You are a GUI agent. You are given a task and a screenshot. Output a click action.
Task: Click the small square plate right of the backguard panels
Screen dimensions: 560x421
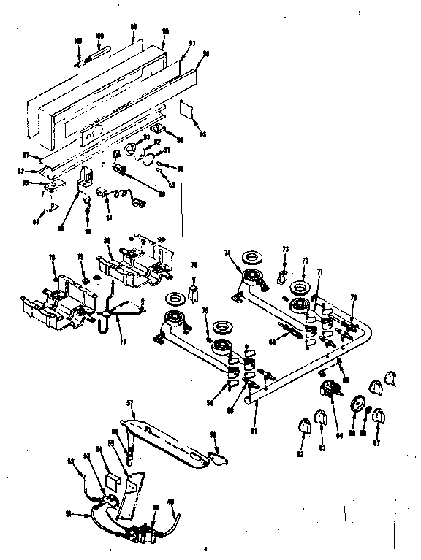point(186,110)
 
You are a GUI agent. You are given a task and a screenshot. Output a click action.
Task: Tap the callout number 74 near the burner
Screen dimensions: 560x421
point(227,253)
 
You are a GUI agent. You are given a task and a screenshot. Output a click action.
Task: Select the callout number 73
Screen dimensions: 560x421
point(286,249)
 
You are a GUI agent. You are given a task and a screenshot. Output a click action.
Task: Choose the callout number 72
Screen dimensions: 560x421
point(306,260)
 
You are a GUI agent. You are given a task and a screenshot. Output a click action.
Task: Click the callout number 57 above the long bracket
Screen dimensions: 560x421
point(129,402)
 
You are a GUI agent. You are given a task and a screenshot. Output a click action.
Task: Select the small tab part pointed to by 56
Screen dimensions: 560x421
point(217,458)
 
